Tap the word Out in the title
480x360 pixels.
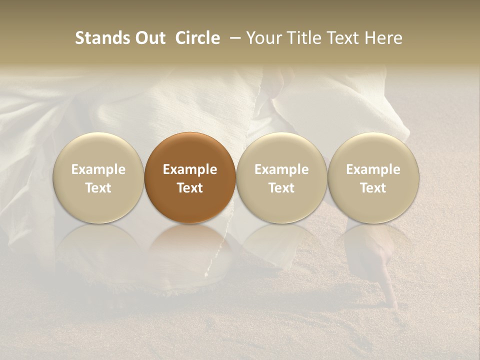(x=148, y=38)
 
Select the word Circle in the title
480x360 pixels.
(x=197, y=38)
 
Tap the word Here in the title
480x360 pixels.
(x=383, y=38)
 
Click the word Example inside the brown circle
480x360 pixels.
(x=190, y=169)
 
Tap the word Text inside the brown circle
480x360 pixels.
(x=190, y=188)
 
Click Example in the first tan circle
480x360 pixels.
(x=98, y=169)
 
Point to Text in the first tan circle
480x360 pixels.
(x=98, y=188)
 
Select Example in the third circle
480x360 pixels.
(x=281, y=169)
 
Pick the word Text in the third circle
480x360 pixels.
(x=281, y=188)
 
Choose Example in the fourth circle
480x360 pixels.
(x=373, y=169)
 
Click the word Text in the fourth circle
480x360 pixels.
(x=373, y=188)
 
